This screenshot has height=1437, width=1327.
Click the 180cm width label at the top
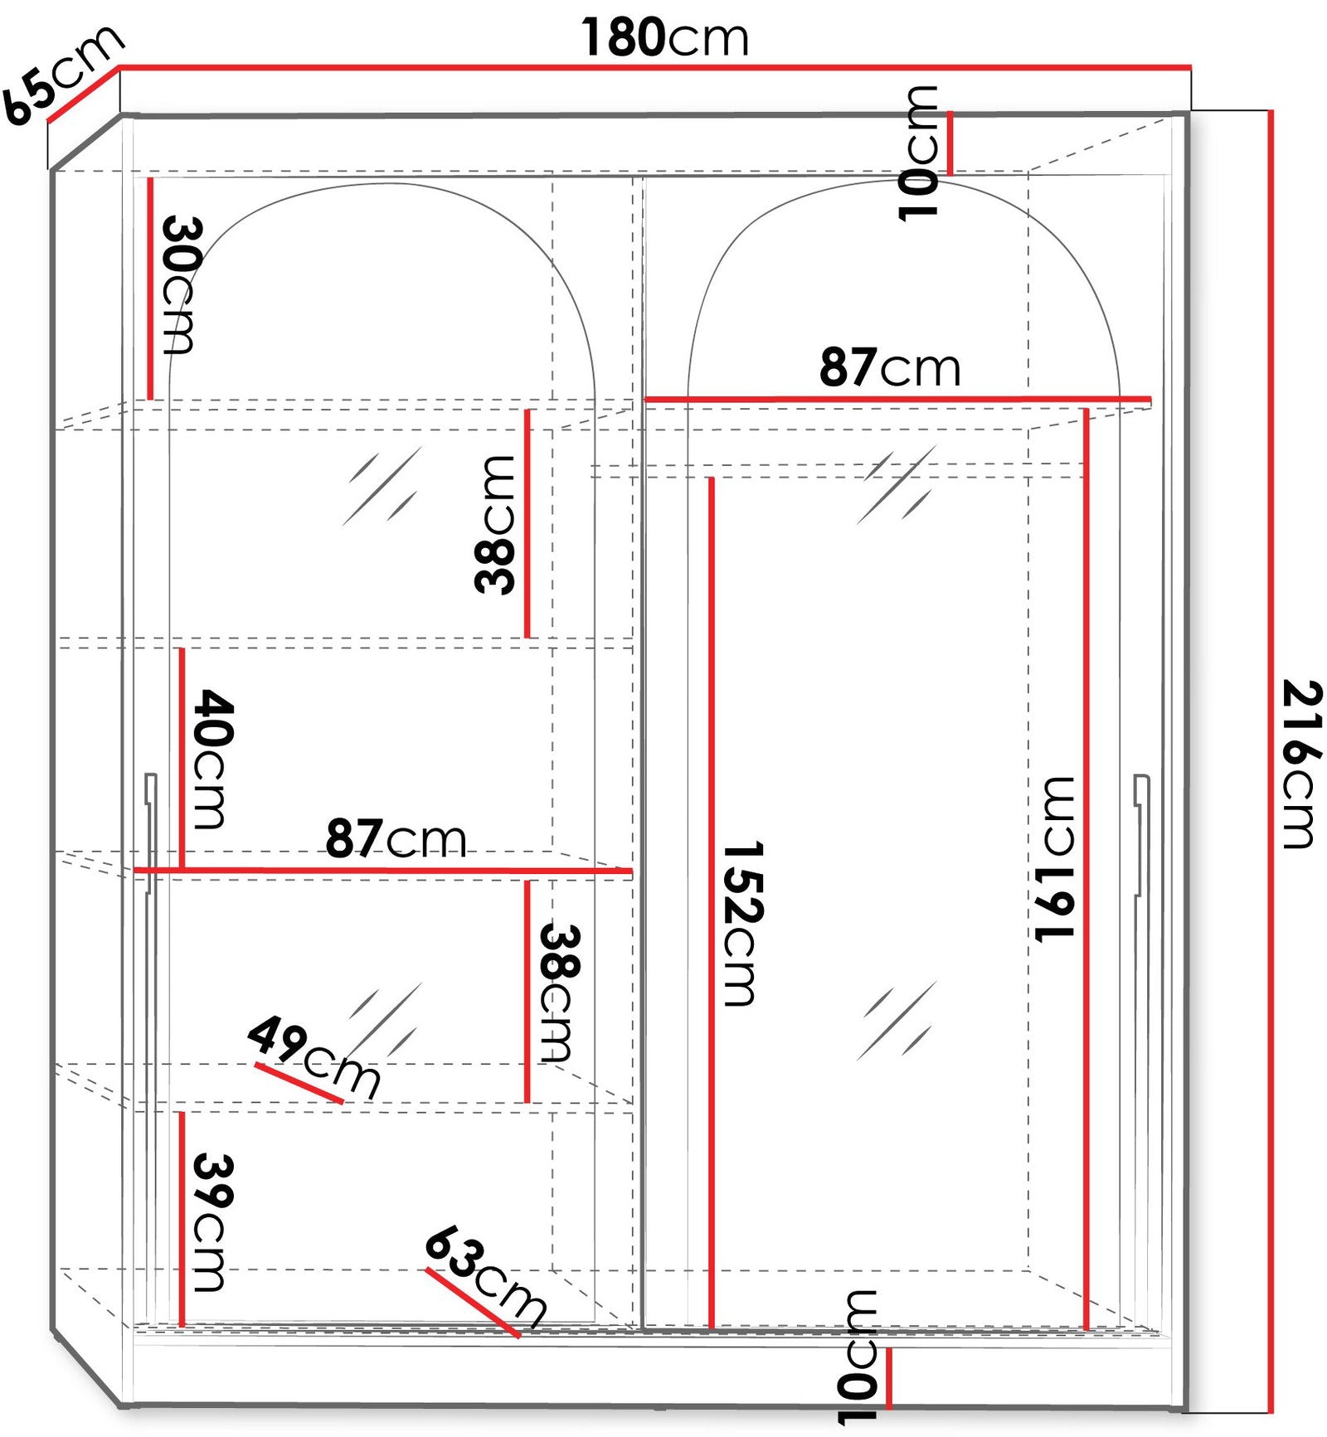click(x=664, y=37)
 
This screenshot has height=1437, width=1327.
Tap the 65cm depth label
click(x=62, y=75)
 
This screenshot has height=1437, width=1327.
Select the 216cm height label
click(x=1301, y=764)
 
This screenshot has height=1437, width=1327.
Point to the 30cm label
click(x=180, y=284)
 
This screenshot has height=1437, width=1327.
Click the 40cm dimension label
click(x=213, y=759)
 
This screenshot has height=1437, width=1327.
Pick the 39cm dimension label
click(x=213, y=1223)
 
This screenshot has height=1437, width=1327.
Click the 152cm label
click(x=742, y=924)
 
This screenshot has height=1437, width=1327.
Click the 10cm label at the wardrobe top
click(x=918, y=153)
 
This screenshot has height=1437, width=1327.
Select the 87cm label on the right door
click(x=890, y=367)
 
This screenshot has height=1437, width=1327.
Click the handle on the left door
click(x=150, y=833)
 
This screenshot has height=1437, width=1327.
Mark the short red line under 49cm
click(x=299, y=1084)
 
